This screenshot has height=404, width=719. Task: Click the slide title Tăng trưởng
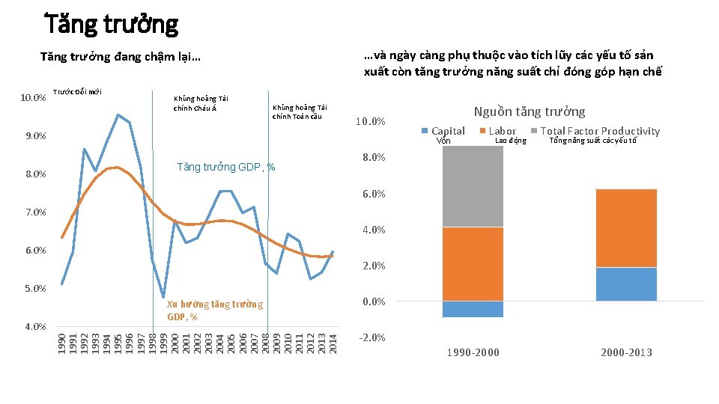point(112,25)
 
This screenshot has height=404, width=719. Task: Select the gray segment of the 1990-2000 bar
point(473,186)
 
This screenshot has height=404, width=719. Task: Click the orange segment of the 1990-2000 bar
point(473,263)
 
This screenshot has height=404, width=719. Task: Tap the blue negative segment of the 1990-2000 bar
point(473,309)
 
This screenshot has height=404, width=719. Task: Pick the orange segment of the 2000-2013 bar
point(626,228)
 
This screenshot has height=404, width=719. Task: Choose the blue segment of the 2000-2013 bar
point(626,284)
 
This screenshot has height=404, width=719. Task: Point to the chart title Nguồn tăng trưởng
point(530,111)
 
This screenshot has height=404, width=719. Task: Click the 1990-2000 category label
point(473,352)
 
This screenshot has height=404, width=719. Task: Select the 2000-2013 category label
point(626,352)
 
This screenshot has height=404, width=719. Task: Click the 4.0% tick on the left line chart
point(34,326)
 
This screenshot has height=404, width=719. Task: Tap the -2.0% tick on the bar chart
point(372,337)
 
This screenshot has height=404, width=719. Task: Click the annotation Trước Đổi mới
point(77,92)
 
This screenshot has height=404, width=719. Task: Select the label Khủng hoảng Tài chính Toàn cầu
point(300,111)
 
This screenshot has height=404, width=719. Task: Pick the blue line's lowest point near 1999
point(163,297)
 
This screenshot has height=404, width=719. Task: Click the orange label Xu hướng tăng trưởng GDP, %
point(214,310)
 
